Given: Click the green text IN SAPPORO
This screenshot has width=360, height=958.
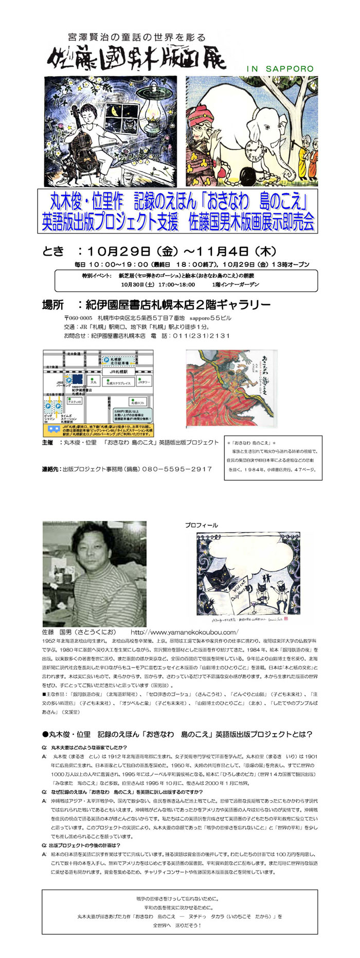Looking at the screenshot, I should click(x=280, y=68).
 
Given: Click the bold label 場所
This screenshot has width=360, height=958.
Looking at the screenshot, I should click(x=53, y=305).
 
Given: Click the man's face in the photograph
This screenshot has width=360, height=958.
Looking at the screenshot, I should click(x=92, y=553).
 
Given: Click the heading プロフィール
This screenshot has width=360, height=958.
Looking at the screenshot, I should click(x=201, y=525).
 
